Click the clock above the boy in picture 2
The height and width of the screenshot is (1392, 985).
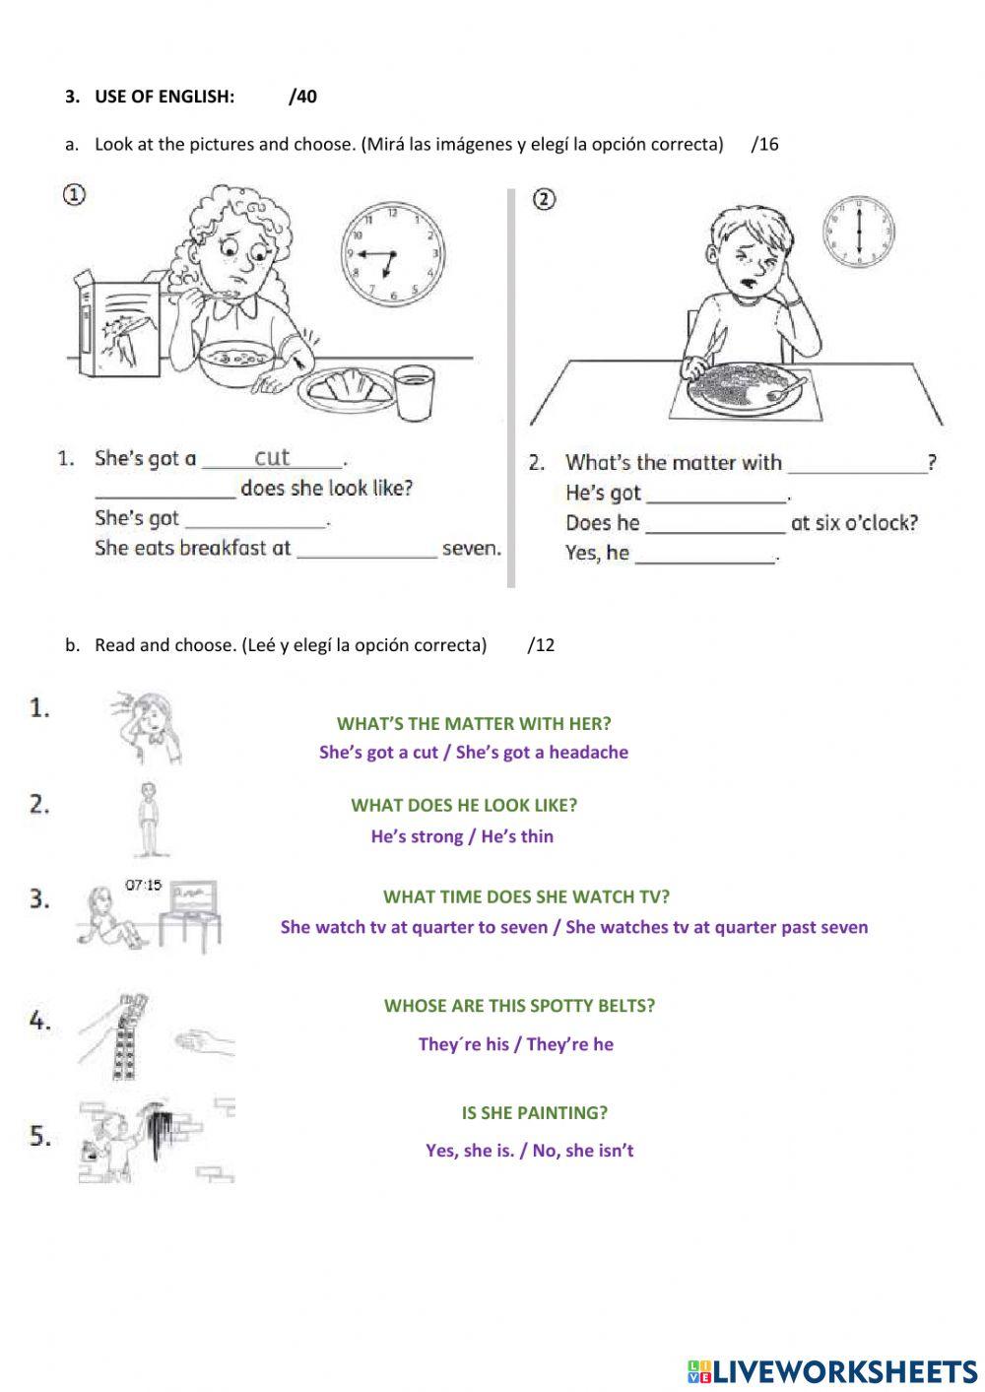[860, 232]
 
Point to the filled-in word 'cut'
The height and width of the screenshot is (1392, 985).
[273, 457]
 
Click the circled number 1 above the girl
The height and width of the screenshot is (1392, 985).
[74, 195]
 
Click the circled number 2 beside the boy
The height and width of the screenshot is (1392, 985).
[544, 200]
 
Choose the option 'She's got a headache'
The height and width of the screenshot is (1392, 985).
[542, 753]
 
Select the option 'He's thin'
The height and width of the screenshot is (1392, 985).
[517, 836]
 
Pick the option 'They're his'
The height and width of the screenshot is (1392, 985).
[463, 1044]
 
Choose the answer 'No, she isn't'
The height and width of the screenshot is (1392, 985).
[583, 1151]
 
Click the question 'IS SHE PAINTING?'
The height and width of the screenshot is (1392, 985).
[535, 1113]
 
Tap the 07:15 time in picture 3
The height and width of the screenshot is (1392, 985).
[143, 886]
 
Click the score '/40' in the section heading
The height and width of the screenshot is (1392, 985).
[303, 97]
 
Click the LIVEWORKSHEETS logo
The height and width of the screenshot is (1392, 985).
[832, 1370]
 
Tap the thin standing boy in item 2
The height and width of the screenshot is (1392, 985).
[148, 819]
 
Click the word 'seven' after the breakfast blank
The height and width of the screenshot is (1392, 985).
[471, 549]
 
